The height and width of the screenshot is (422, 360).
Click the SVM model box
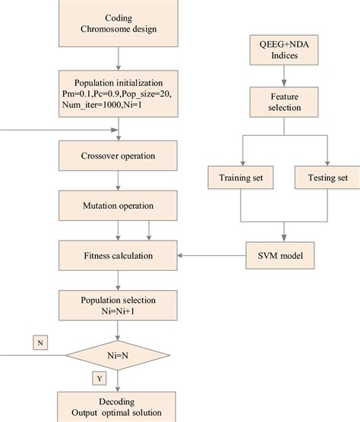click(x=283, y=255)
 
